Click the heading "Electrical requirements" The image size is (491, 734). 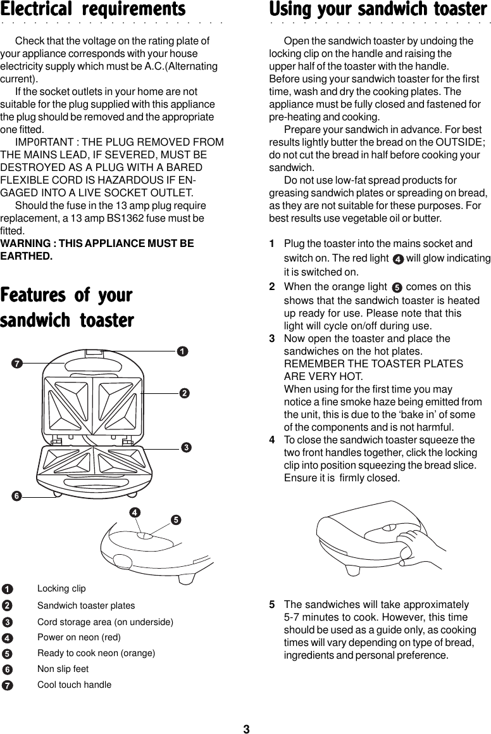tap(93, 10)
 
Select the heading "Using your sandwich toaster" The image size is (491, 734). tap(378, 10)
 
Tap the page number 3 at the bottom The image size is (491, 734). tap(246, 729)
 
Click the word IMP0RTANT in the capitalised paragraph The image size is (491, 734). tap(39, 142)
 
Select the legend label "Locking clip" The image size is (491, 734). tap(61, 589)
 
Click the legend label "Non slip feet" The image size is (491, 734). tap(63, 669)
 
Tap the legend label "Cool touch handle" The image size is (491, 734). tap(74, 685)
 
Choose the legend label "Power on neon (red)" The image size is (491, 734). tap(79, 637)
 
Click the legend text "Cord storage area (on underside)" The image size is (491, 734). tap(105, 622)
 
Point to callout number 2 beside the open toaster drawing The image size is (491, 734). tap(184, 393)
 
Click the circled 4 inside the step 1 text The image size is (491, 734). tap(397, 260)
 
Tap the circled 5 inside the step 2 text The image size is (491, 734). tap(397, 288)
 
